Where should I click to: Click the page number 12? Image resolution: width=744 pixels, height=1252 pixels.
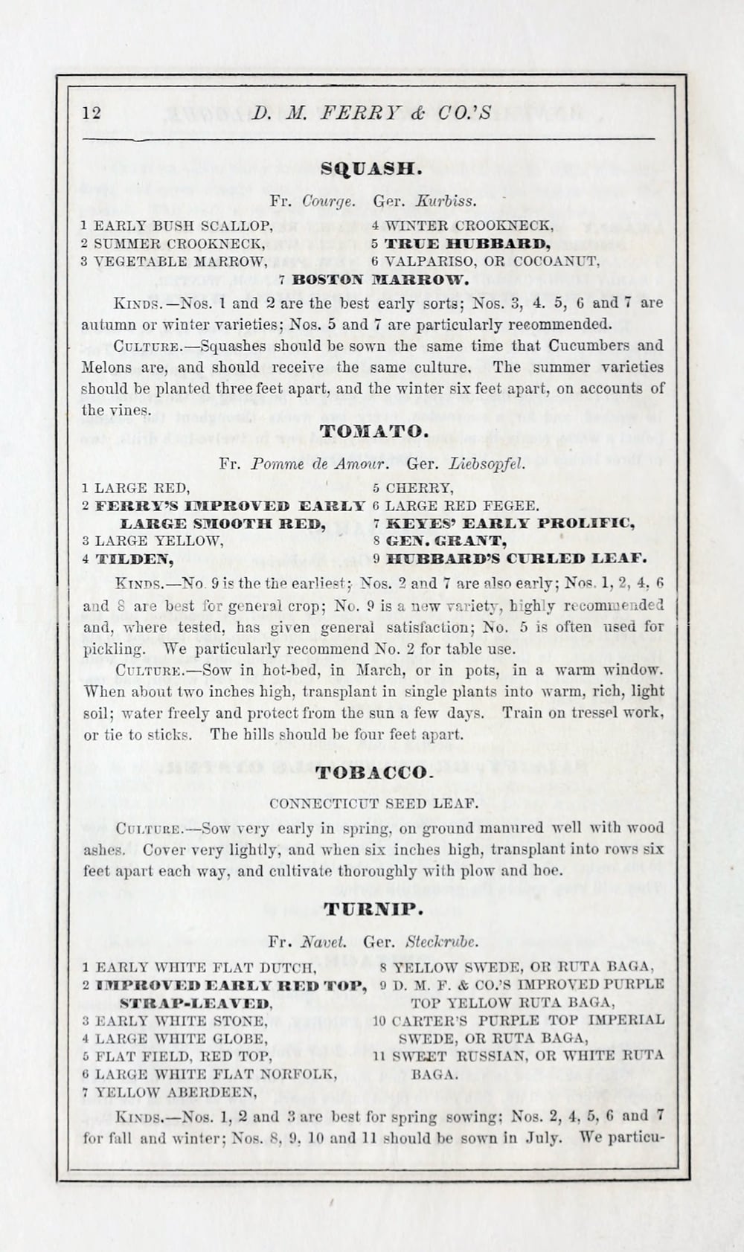click(x=92, y=112)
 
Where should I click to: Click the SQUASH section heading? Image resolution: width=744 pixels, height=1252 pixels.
click(x=371, y=169)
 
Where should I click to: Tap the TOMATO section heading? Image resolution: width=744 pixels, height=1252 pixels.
click(x=373, y=431)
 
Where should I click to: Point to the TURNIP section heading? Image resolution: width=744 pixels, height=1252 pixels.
click(x=373, y=908)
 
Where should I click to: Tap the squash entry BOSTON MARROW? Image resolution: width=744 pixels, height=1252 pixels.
click(x=380, y=280)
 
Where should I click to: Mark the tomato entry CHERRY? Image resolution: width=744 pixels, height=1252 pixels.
click(x=419, y=489)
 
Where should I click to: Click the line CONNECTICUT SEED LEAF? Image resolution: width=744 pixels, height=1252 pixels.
click(x=373, y=803)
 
